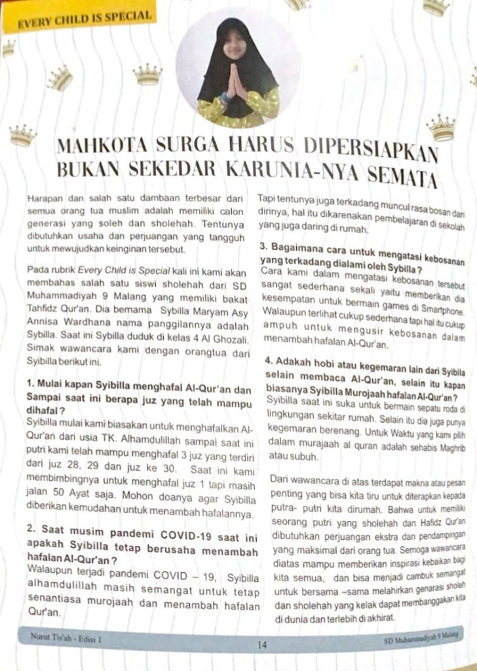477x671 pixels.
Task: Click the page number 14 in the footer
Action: pos(262,645)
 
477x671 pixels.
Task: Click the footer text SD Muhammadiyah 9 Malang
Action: pos(422,637)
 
